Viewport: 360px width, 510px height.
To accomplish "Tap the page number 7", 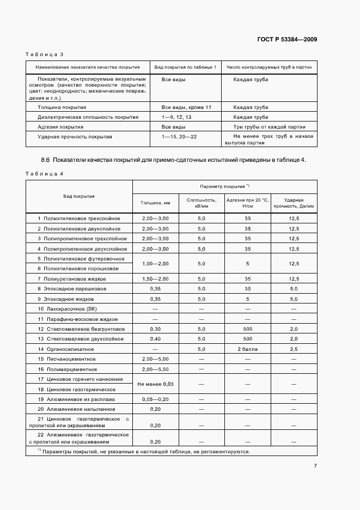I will click(x=315, y=465).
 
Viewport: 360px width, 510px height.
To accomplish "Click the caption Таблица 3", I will click(x=45, y=54).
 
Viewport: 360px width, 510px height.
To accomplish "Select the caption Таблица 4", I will click(x=45, y=173).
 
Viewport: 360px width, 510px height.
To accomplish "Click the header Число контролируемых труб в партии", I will click(x=269, y=67).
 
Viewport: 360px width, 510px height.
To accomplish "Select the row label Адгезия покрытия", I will click(x=60, y=126).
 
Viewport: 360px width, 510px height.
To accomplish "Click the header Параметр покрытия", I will click(x=224, y=186).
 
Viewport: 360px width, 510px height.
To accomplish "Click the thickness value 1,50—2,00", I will click(x=155, y=278).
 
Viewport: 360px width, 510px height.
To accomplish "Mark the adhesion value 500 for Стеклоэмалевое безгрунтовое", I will click(x=248, y=329).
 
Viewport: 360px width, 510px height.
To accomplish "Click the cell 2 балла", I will click(x=248, y=349).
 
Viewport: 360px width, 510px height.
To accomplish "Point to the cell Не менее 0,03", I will click(x=155, y=384).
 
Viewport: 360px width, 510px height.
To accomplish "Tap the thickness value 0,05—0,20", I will click(x=155, y=399).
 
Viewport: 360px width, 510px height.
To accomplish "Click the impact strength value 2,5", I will click(x=294, y=349).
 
